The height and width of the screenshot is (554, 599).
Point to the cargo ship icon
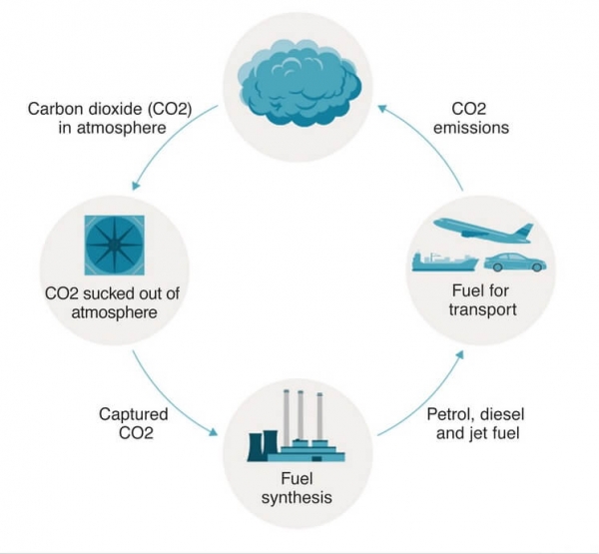443,260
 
